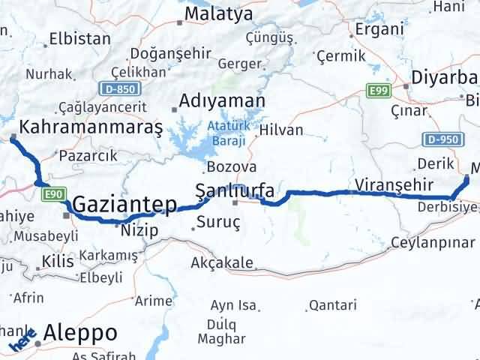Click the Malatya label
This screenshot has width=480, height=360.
pyautogui.click(x=218, y=13)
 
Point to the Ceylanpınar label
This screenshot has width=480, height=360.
pyautogui.click(x=433, y=242)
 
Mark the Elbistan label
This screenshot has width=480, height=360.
pyautogui.click(x=75, y=40)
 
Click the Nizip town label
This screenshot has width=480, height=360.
pyautogui.click(x=140, y=230)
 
